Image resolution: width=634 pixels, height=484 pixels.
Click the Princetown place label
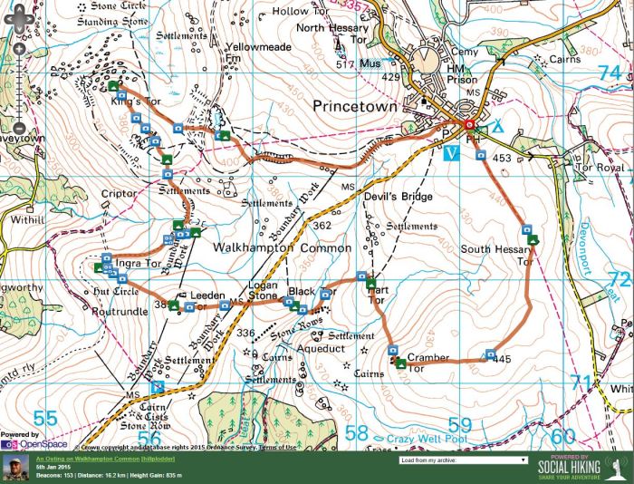354,106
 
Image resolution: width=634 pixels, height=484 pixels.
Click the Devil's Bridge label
372,197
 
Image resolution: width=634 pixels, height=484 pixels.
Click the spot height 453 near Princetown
503,159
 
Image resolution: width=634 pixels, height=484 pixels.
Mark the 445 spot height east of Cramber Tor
504,359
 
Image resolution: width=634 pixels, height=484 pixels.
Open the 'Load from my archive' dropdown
463,460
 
